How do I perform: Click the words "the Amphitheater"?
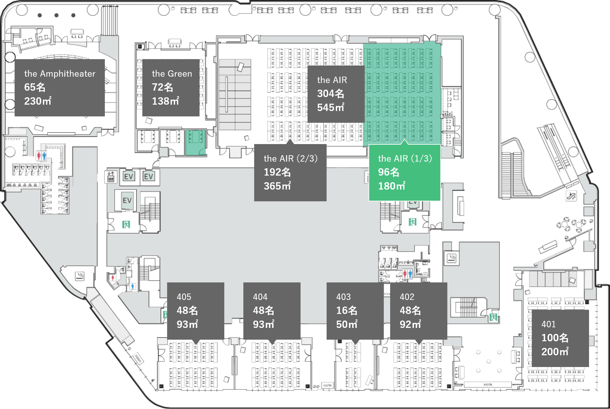coord(60,74)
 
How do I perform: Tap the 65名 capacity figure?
coord(35,87)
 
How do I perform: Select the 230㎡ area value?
coord(37,101)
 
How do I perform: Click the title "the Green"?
coord(172,74)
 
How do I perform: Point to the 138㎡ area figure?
coord(165,101)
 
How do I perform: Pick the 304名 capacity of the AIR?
coord(330,94)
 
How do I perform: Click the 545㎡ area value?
coord(330,107)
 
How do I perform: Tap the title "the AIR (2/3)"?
coord(290,158)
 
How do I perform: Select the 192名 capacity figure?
coord(277,172)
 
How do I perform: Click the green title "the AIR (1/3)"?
coord(405,158)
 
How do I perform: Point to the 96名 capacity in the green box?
coord(388,172)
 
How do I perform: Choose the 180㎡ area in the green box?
coord(391,186)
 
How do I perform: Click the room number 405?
coord(184,297)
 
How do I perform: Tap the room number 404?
coord(260,297)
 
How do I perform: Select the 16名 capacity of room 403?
coord(347,310)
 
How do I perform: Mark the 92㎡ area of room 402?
coord(410,324)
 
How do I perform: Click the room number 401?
coord(548,324)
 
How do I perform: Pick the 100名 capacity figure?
coord(555,338)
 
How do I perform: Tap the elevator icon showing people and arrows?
coord(111,177)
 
